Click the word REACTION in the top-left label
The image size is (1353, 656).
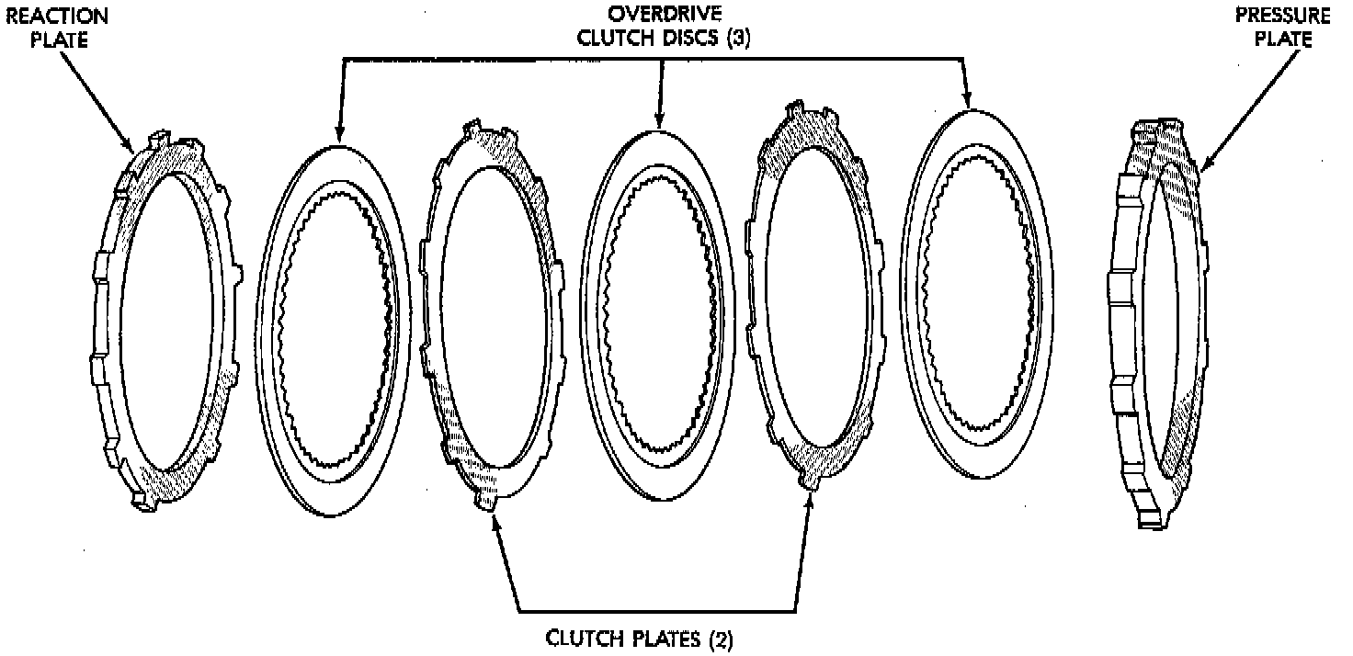(x=56, y=17)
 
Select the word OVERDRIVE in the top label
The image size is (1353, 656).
(x=653, y=17)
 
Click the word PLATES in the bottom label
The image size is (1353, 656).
(x=656, y=639)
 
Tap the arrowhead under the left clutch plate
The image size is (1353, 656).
(x=496, y=521)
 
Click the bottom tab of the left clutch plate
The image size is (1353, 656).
(x=488, y=502)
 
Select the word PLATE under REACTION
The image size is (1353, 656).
(x=56, y=40)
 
